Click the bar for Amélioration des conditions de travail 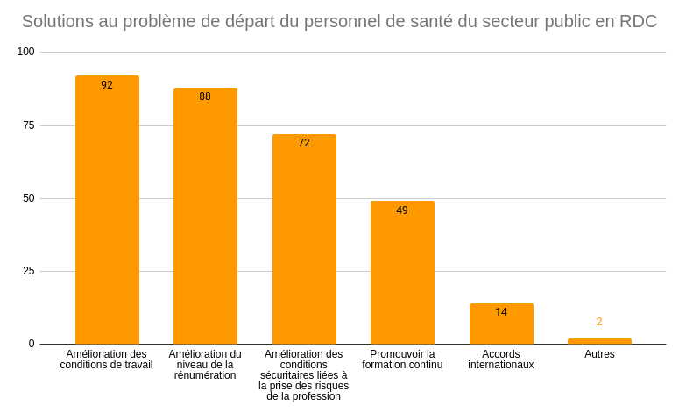click(107, 210)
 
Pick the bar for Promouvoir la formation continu click(402, 273)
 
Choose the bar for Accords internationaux click(501, 324)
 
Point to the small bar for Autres click(599, 341)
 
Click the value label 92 click(107, 85)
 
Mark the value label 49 click(402, 210)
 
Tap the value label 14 click(501, 312)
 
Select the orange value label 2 click(599, 322)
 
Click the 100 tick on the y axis click(25, 52)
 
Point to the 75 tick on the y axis click(29, 125)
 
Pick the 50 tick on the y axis click(29, 198)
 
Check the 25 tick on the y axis click(29, 271)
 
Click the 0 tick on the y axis click(32, 344)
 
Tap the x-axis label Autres click(599, 354)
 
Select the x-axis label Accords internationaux click(501, 359)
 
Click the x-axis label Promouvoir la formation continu click(402, 359)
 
